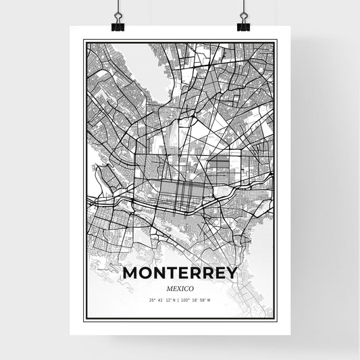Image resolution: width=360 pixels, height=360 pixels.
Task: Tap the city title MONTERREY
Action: tap(180, 273)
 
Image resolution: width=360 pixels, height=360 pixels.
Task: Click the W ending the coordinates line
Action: tap(209, 300)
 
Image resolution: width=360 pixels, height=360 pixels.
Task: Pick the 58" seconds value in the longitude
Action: tap(203, 300)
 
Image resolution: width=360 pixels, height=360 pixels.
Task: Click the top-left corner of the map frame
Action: tap(84, 41)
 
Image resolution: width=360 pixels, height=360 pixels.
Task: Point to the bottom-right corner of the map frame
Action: tap(276, 319)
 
